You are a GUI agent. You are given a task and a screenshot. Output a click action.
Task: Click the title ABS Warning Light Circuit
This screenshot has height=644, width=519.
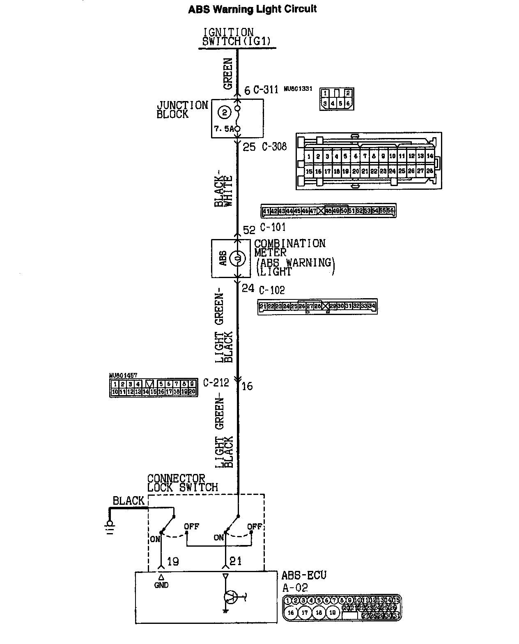point(252,9)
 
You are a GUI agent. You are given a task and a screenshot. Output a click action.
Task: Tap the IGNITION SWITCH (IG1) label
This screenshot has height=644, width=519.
point(237,37)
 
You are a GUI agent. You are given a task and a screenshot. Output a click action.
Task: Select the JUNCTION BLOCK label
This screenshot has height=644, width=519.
point(182,110)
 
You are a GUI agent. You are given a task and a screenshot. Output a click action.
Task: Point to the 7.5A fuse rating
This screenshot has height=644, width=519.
point(224,129)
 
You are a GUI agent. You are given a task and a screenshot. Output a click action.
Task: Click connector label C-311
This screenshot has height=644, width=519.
point(266,90)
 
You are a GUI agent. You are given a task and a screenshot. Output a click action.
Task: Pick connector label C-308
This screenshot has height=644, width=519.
point(274,146)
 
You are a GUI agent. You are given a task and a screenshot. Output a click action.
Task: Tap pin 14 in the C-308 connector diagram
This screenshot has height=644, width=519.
point(429,156)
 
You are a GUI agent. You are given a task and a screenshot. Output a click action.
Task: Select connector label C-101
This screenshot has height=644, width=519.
point(273,227)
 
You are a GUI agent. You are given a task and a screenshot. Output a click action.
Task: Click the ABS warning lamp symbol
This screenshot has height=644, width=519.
point(237,258)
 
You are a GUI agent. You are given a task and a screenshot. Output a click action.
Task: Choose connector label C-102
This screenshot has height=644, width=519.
point(272,290)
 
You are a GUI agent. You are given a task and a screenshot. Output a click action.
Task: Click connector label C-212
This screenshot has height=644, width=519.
point(216,383)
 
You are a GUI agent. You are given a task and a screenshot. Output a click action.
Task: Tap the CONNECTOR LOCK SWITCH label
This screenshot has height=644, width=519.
point(182,483)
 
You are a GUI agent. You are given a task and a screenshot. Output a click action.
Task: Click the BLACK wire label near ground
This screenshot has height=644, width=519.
point(129,501)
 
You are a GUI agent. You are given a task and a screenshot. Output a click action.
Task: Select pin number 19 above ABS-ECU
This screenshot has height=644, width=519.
point(173,561)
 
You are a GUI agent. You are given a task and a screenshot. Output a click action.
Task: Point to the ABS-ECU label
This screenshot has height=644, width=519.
point(304,575)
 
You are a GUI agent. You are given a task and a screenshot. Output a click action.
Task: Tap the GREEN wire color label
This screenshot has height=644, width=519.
point(228,74)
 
